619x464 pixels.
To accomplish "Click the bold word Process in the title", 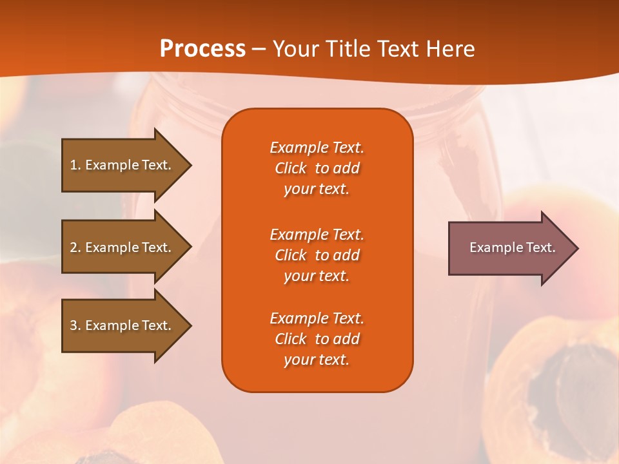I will tap(202, 48).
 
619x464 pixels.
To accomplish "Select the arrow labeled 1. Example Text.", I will tap(123, 165).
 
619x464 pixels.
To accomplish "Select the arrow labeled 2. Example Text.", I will tap(123, 247).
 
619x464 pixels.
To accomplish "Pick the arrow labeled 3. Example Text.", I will tap(123, 325).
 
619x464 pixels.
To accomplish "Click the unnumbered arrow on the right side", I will tap(509, 248).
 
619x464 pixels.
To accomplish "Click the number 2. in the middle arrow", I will tap(75, 247).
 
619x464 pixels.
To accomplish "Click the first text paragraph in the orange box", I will tap(317, 168).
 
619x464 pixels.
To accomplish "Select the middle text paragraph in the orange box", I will tap(317, 255).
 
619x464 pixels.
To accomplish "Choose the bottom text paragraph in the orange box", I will tap(317, 339).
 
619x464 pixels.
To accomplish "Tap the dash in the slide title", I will tap(259, 49).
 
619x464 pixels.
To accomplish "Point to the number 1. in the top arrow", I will tap(75, 165).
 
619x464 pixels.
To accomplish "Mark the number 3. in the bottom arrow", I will tap(75, 325).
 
